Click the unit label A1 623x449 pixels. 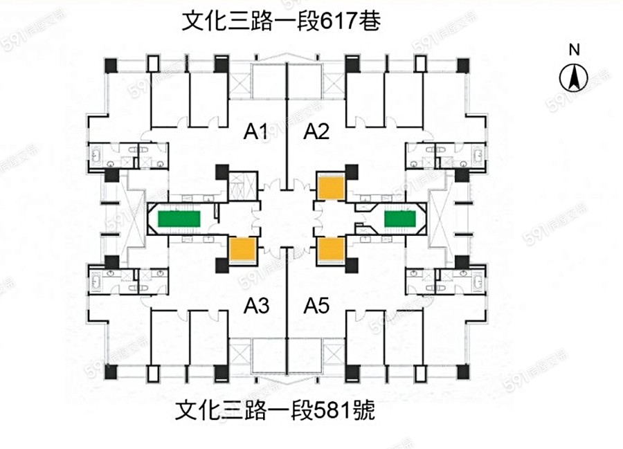coord(255,131)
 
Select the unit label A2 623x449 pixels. coord(316,131)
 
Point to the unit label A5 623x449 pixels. coord(317,304)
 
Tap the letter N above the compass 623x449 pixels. coord(574,49)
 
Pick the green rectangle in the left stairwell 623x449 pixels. coord(179,219)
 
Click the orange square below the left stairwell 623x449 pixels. coord(242,248)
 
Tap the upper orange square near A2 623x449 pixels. coord(330,187)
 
